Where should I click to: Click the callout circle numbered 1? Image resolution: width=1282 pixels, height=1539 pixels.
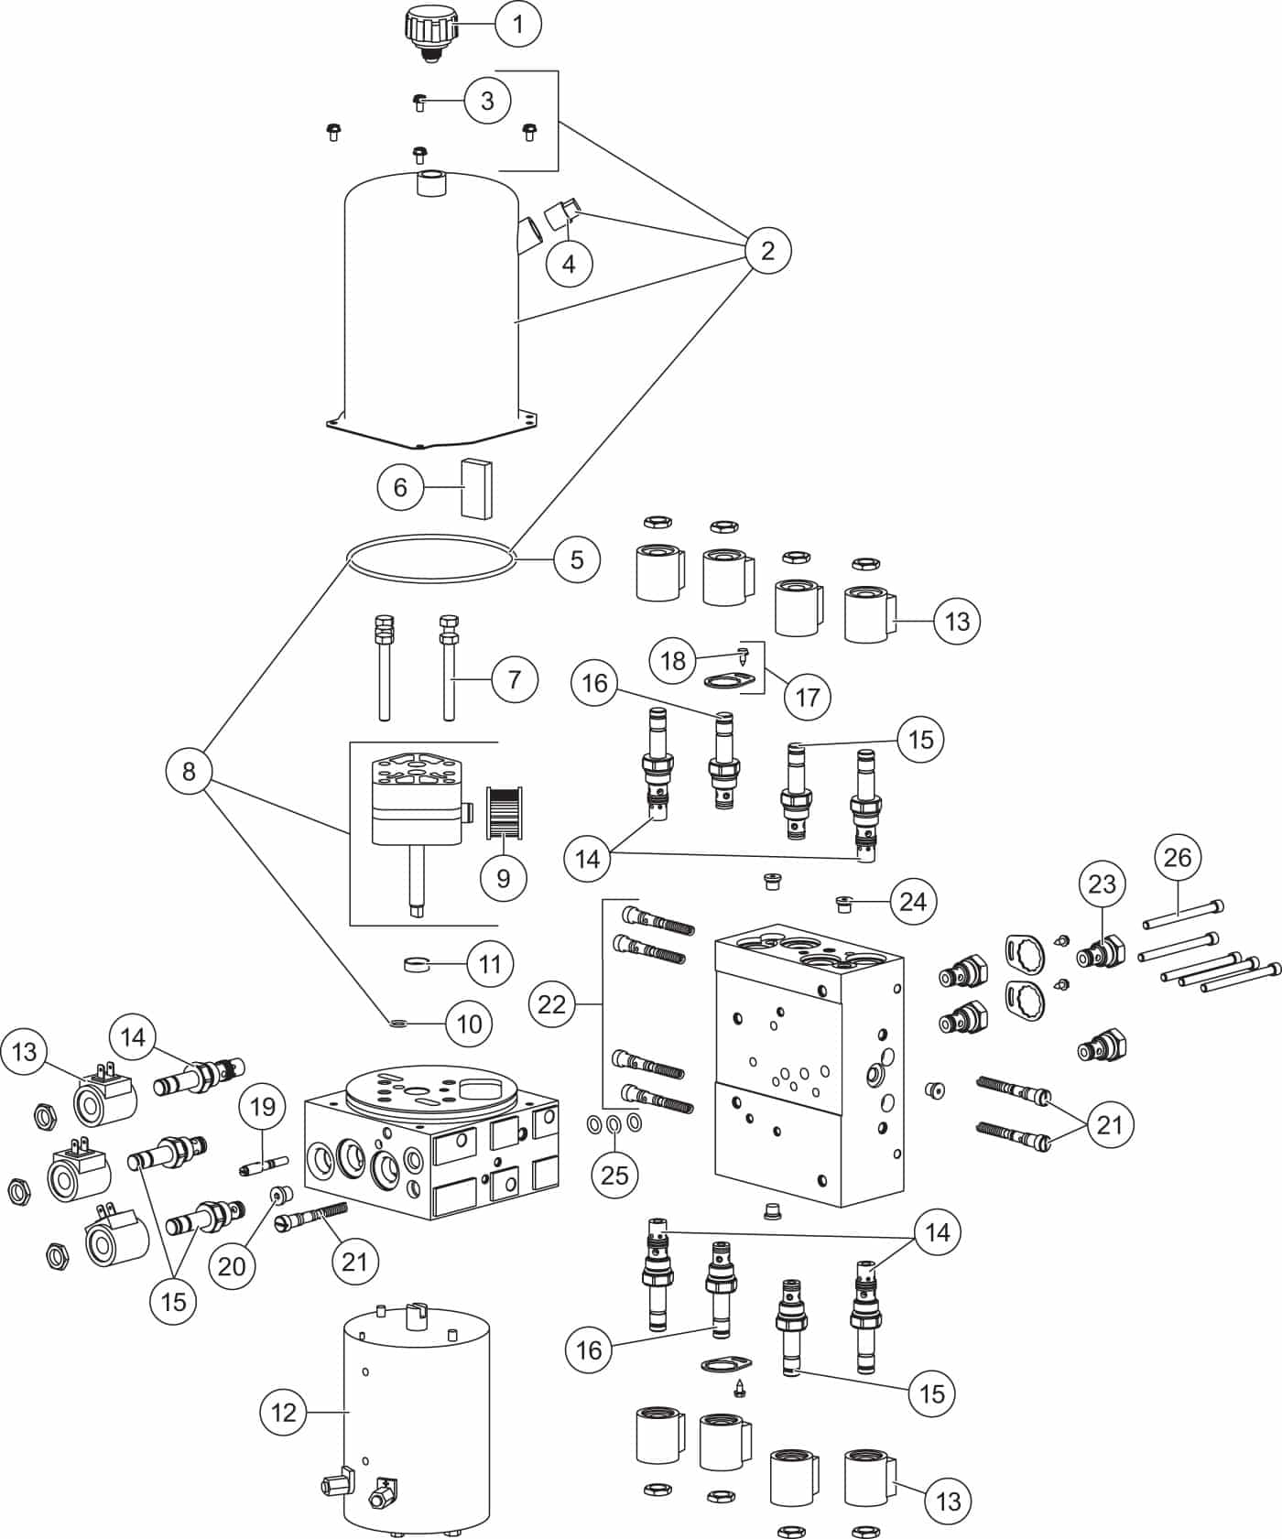pyautogui.click(x=518, y=24)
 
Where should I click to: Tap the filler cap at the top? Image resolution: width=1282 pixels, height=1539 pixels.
pyautogui.click(x=427, y=34)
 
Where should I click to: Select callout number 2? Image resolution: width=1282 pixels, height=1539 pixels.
pyautogui.click(x=767, y=250)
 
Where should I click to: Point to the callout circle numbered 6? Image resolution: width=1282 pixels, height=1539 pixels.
pyautogui.click(x=400, y=487)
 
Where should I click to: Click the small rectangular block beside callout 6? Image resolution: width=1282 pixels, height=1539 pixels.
pyautogui.click(x=476, y=487)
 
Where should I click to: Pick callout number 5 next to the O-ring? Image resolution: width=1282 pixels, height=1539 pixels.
pyautogui.click(x=577, y=559)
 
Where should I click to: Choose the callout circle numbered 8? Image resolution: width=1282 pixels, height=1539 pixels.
pyautogui.click(x=189, y=771)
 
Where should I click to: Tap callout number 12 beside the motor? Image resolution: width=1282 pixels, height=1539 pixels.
pyautogui.click(x=284, y=1413)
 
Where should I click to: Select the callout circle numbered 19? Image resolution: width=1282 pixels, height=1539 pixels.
pyautogui.click(x=263, y=1107)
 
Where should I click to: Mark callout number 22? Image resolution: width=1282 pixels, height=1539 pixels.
pyautogui.click(x=552, y=1004)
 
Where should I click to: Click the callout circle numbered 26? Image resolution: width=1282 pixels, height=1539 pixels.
pyautogui.click(x=1178, y=857)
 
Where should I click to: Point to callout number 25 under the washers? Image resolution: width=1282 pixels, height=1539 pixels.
pyautogui.click(x=614, y=1175)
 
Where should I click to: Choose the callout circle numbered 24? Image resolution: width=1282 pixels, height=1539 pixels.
pyautogui.click(x=913, y=902)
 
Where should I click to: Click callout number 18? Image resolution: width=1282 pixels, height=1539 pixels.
pyautogui.click(x=673, y=660)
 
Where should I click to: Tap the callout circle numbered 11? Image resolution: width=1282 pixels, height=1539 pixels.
pyautogui.click(x=490, y=964)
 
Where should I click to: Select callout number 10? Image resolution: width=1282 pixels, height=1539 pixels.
pyautogui.click(x=469, y=1023)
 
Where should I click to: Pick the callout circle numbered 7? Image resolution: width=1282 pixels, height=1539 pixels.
pyautogui.click(x=515, y=679)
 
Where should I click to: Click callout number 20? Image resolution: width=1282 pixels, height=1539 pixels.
pyautogui.click(x=233, y=1265)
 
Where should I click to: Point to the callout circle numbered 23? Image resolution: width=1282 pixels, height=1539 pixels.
pyautogui.click(x=1103, y=884)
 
